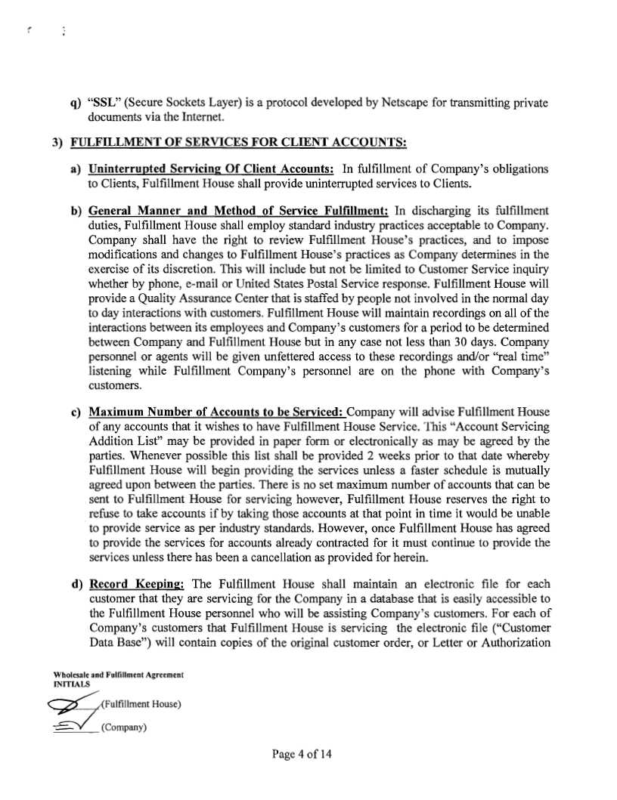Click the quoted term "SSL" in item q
(x=103, y=103)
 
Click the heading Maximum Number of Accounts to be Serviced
(x=215, y=412)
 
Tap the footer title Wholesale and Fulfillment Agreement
(x=119, y=673)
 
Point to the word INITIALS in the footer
(x=72, y=683)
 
